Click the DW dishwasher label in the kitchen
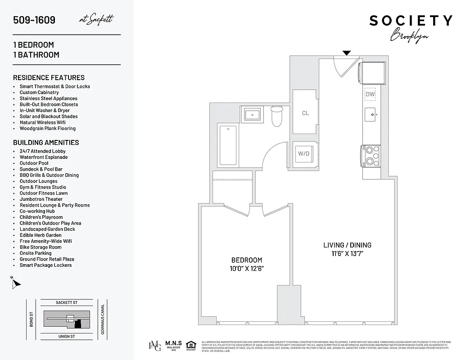coord(370,94)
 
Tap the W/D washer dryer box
coord(304,154)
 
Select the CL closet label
coord(305,113)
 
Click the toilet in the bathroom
coord(276,116)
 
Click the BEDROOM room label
coord(246,260)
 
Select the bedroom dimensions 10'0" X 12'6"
coord(246,269)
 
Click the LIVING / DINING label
coord(347,245)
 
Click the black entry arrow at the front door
coord(346,53)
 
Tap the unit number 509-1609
coord(34,20)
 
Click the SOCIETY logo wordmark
coord(411,21)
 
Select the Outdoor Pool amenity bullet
coord(34,163)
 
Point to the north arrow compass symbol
coord(16,283)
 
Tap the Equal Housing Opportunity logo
coord(191,345)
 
